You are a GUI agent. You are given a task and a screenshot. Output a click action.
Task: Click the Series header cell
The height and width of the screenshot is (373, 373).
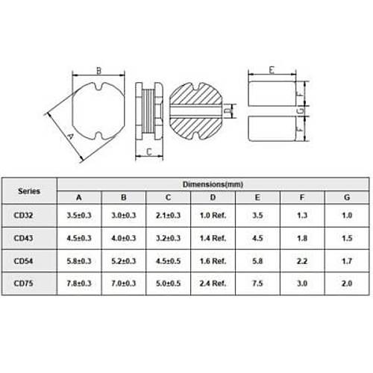pos(29,191)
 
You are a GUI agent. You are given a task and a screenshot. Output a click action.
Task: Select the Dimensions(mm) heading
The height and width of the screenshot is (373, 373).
pos(213,184)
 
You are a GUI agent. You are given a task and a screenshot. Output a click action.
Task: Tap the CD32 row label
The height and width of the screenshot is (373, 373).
pos(23,215)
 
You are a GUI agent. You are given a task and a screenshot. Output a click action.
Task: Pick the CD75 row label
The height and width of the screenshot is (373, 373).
pos(23,283)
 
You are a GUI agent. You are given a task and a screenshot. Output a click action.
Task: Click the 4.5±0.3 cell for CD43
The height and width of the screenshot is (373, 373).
pos(79,238)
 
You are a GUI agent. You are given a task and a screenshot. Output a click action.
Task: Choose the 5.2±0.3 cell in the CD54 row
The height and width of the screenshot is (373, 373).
pos(124,261)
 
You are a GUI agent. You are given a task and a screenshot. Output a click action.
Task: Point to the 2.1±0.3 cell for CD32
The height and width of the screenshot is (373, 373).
pos(168,215)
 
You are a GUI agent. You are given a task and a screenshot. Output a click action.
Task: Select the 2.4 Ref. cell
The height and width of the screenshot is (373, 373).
pos(213,283)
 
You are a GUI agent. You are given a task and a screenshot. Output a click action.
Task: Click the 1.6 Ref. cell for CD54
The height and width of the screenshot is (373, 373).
pos(213,261)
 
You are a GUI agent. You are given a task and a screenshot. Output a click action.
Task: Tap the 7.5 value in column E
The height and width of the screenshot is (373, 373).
pos(257,283)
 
